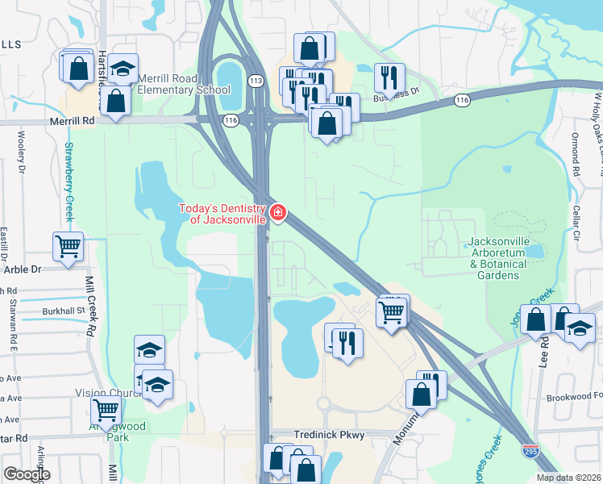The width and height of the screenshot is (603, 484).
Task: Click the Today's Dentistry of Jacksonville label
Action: click(222, 214)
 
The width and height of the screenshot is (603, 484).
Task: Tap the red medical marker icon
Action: click(278, 213)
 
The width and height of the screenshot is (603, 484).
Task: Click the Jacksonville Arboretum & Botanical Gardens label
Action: click(496, 259)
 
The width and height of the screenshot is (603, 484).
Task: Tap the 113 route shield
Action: click(256, 81)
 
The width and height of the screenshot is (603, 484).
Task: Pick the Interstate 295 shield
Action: click(530, 451)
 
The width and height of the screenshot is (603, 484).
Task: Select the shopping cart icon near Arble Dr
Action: click(68, 246)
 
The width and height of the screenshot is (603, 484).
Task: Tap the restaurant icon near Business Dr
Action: click(389, 77)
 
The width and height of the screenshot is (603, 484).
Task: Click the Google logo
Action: click(26, 474)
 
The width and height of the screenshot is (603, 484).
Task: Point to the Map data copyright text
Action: click(569, 478)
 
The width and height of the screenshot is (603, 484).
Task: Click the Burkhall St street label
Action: click(64, 311)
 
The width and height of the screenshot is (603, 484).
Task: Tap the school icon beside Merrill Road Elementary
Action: click(123, 69)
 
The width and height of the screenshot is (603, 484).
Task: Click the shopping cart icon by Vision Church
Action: click(106, 409)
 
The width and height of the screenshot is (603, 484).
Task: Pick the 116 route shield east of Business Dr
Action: click(461, 100)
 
